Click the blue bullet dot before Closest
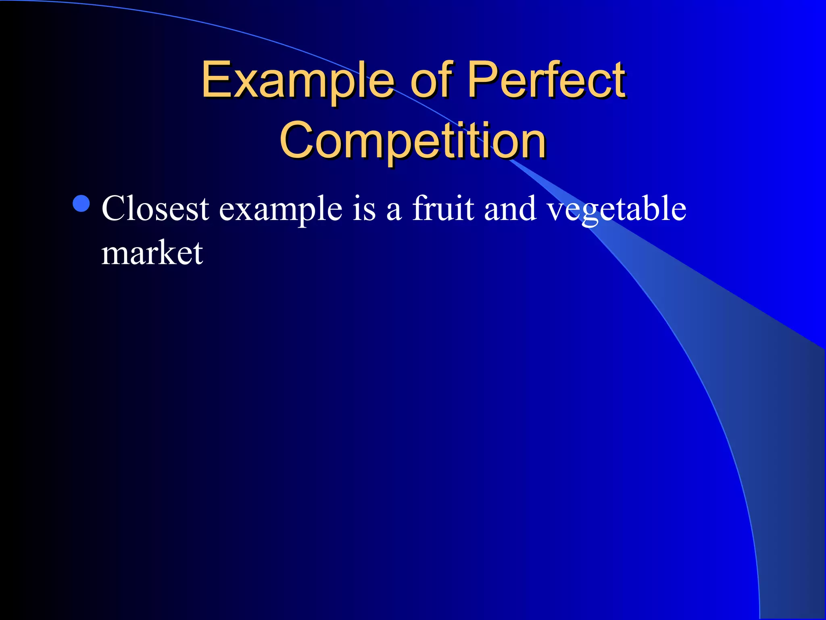pos(81,203)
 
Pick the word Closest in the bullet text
pos(155,209)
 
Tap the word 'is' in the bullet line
pos(364,209)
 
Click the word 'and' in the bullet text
pos(510,209)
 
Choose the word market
pos(152,253)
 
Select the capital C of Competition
pos(296,140)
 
